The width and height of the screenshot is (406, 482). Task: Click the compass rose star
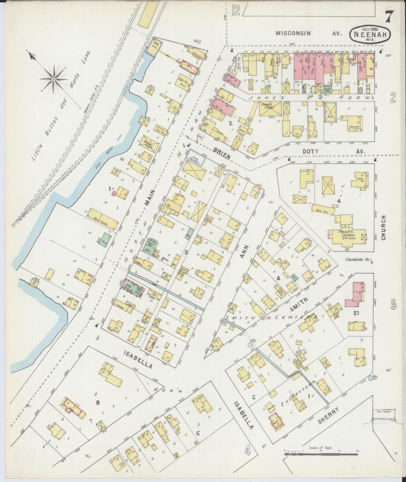tap(53, 80)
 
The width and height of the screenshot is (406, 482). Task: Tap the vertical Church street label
tap(384, 228)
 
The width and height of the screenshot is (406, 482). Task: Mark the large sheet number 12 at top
tap(236, 11)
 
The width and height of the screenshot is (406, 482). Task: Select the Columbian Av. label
tap(357, 260)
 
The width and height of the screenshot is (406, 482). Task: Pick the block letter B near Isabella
tap(97, 403)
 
